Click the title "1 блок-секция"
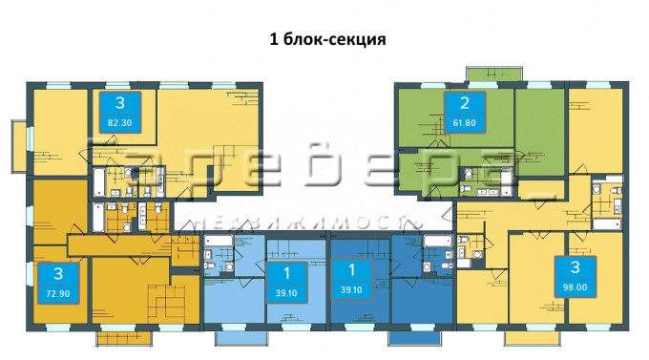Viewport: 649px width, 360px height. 327,39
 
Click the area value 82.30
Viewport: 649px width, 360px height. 119,123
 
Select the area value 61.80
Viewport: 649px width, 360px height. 465,123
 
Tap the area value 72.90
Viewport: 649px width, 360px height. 58,294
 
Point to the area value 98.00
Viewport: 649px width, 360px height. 576,287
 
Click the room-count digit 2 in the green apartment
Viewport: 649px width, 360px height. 465,103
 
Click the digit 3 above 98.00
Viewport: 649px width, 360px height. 576,267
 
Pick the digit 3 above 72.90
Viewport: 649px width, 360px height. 58,274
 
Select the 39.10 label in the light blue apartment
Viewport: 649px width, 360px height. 286,293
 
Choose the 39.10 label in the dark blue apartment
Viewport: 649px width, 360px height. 351,290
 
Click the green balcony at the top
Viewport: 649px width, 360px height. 493,74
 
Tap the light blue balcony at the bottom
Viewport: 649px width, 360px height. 241,338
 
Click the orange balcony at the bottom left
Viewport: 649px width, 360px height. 125,338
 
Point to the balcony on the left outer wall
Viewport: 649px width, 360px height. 19,146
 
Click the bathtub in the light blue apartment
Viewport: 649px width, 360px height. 219,241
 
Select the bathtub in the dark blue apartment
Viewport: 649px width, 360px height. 438,241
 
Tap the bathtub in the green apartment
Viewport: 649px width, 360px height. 507,182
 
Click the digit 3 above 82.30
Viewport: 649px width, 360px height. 120,103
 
